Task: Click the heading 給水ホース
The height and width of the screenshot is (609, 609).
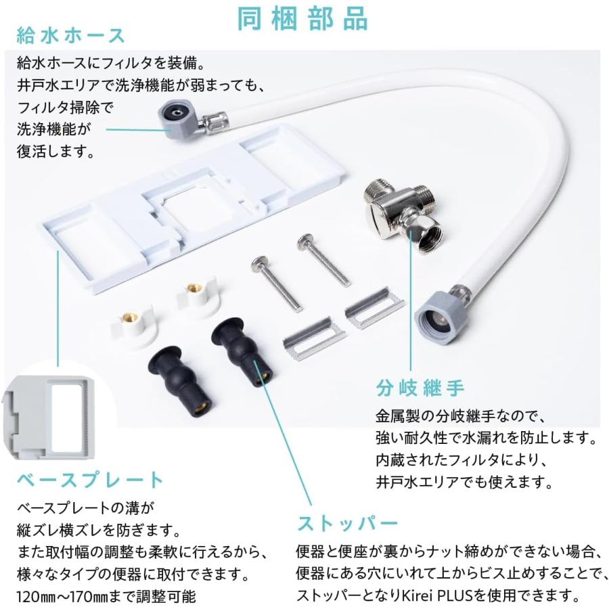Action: [x=71, y=35]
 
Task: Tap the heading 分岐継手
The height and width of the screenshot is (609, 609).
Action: [x=420, y=389]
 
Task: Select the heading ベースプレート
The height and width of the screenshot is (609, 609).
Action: [x=91, y=480]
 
